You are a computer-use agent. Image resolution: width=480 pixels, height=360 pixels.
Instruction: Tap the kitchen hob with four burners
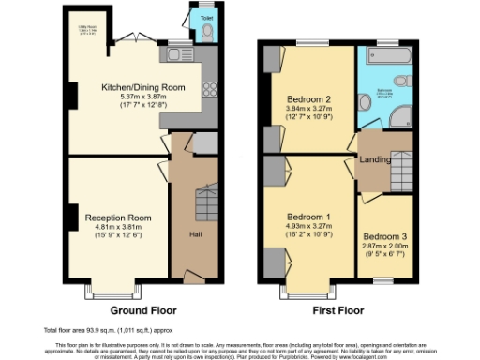[208, 91]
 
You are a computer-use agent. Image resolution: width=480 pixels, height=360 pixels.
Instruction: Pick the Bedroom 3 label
[382, 237]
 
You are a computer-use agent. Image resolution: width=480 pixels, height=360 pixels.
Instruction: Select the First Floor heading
[338, 310]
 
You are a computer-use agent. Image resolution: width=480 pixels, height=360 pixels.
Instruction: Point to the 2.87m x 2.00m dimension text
[382, 247]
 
